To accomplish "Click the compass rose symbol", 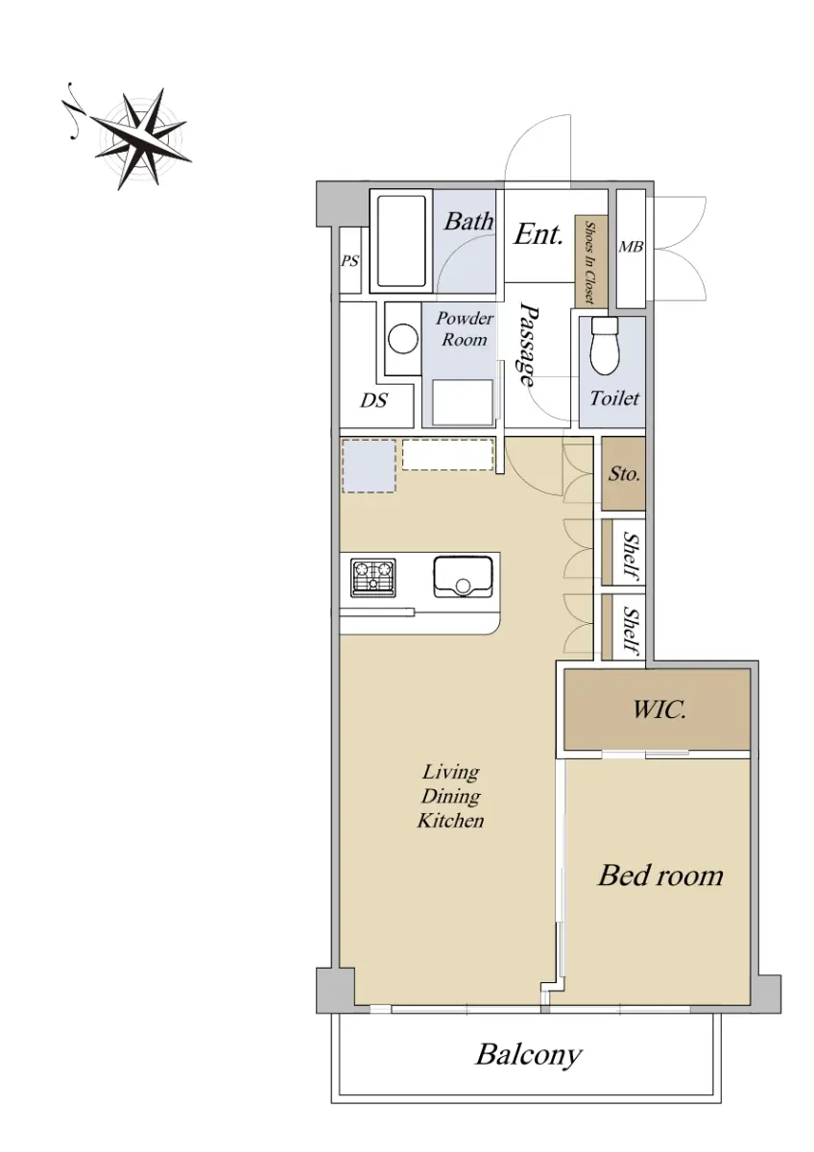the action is pos(140,138).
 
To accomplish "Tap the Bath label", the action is pos(467,221).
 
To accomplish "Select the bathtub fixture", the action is pos(402,242).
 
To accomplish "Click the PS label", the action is pos(349,261).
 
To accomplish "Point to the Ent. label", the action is pos(538,234).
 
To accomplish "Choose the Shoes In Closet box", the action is pos(591,262).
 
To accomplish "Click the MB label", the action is pos(631,248).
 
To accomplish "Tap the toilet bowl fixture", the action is pos(605,346).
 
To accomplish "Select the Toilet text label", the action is pos(614,398).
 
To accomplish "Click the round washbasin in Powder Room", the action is pos(402,339).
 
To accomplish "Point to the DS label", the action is pos(373,400).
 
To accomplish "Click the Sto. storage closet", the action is pos(623,472).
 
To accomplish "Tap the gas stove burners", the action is pos(373,578).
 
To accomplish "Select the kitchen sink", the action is pos(463,577).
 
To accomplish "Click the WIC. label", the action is pos(659,710).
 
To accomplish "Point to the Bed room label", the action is pos(660,876).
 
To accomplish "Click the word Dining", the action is pos(451,797).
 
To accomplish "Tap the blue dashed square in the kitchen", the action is pos(370,467).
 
